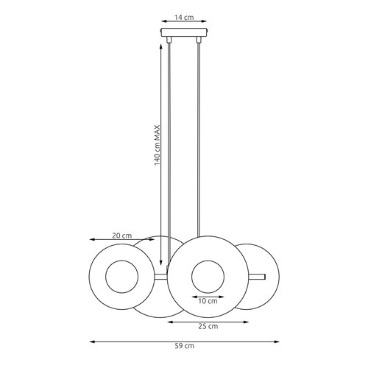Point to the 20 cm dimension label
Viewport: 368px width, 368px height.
click(x=122, y=236)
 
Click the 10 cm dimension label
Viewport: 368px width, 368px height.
click(x=208, y=300)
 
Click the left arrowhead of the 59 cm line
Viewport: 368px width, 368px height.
click(x=92, y=342)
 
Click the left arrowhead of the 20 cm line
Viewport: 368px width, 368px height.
click(x=91, y=240)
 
